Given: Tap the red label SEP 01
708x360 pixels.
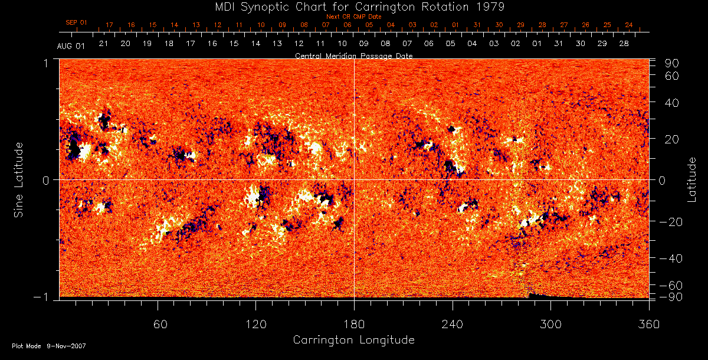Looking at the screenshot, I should [76, 22].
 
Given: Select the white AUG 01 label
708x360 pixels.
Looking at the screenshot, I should [71, 47].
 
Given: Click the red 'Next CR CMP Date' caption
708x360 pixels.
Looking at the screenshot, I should [354, 17].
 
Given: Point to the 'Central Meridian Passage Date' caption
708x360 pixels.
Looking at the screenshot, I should [353, 55].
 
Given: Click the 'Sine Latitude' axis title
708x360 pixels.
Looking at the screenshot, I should [19, 178].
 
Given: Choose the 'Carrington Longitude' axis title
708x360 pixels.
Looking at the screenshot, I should [353, 340].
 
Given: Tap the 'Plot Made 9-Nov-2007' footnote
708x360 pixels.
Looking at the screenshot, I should [49, 346].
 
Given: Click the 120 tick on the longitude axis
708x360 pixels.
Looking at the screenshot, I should [255, 324].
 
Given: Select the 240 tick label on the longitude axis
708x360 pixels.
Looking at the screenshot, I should [453, 324].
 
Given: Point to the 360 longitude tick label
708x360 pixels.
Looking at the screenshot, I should [649, 324].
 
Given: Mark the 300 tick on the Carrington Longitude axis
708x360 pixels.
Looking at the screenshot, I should [550, 324].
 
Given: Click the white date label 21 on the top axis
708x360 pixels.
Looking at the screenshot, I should [103, 44].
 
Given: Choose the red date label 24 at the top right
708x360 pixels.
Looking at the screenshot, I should [628, 25].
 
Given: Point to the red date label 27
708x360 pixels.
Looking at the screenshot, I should [564, 25].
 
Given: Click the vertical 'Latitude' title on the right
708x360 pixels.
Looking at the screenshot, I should [692, 179].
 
